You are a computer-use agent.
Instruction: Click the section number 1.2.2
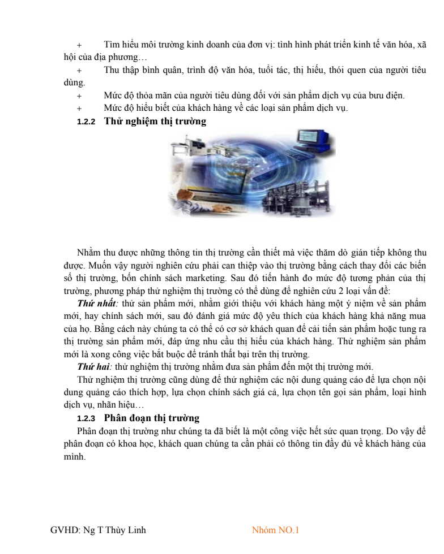coord(86,122)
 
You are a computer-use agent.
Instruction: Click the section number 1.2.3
coord(86,419)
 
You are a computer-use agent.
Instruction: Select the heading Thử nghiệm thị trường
coord(155,121)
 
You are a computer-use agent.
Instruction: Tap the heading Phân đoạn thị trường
coord(152,418)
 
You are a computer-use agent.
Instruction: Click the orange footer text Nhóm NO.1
coord(275,530)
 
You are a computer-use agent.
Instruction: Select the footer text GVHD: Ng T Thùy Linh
coord(98,530)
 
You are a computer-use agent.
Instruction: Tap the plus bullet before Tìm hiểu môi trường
coord(79,45)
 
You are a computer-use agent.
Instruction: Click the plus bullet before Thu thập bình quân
coord(79,70)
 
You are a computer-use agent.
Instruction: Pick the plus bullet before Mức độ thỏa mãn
coord(79,96)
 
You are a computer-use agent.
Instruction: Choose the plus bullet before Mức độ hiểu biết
coord(79,108)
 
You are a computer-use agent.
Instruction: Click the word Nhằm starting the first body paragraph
coord(89,253)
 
